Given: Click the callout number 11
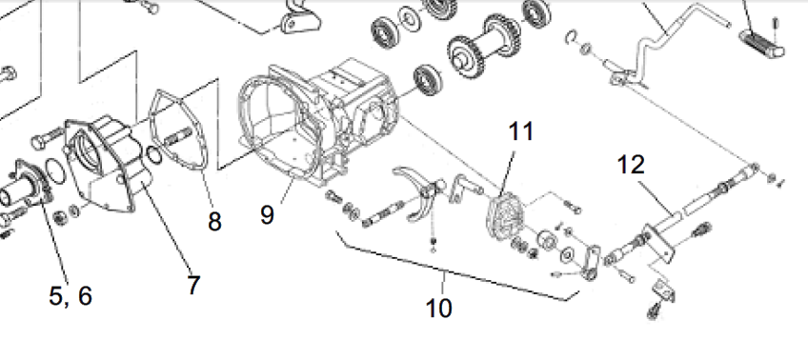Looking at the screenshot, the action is coord(521,131).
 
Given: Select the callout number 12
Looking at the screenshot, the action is coord(631,165).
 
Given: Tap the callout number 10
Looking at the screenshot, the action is coord(439,308).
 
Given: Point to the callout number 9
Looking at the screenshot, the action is coord(267,214).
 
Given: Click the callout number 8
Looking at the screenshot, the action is coord(214,222).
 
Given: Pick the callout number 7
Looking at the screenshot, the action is coord(193,286).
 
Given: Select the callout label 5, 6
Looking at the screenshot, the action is coord(71,295).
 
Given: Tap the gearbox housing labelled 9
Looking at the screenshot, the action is coord(317,123).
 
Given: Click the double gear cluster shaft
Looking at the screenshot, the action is coord(482,46).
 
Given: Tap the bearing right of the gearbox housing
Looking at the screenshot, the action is coord(427,80).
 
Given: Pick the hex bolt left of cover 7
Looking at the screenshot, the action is coord(48,136).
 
